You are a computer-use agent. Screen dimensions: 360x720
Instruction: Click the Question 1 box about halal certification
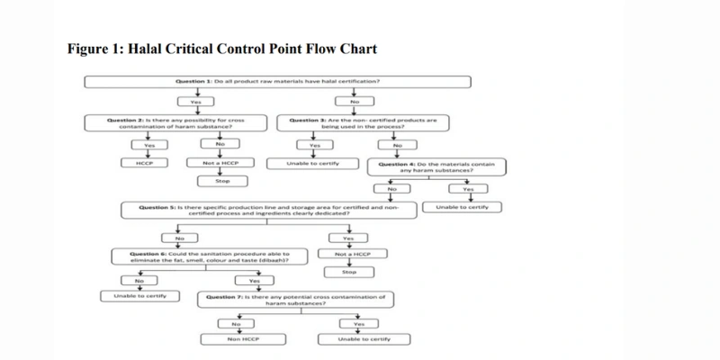coord(278,82)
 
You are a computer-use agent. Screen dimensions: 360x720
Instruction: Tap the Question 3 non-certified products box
coord(358,123)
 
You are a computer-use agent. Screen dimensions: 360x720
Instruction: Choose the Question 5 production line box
coord(270,211)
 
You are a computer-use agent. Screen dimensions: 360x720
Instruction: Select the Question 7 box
coord(295,300)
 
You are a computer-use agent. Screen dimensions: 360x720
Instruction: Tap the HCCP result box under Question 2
coord(142,163)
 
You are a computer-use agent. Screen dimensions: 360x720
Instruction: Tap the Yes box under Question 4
coord(468,189)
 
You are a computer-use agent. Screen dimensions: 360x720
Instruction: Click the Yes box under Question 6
coord(254,280)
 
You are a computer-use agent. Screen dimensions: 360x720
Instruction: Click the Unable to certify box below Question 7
coord(363,340)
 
